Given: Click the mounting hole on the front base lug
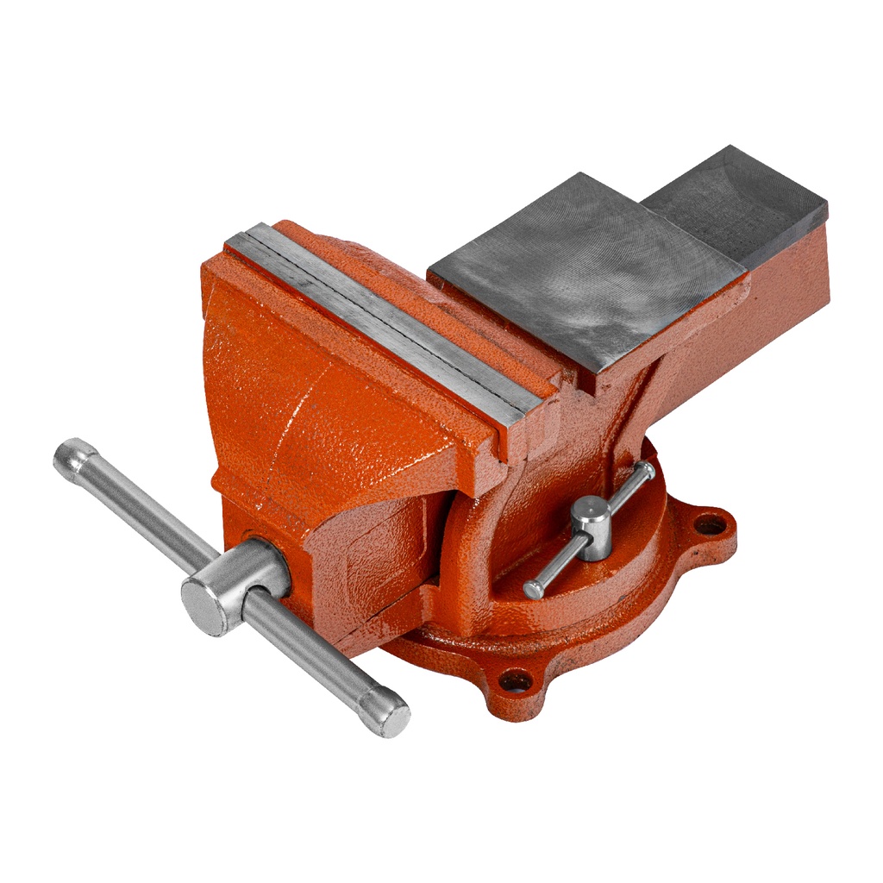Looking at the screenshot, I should coord(516,681).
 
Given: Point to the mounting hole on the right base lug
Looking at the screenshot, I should coord(710,523).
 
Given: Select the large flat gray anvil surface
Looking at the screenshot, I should coord(586,267).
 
